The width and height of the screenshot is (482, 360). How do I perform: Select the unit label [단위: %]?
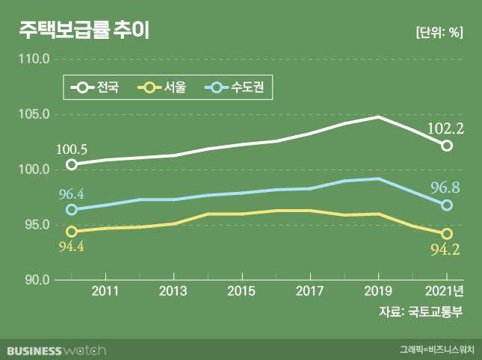(438, 33)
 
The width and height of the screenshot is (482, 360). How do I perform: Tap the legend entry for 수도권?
(238, 87)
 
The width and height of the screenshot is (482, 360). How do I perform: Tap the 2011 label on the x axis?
(105, 291)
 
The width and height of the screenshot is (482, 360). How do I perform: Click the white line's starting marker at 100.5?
(72, 164)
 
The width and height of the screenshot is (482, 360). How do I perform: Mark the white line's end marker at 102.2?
(447, 146)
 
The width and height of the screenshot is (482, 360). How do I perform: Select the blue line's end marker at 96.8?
(447, 205)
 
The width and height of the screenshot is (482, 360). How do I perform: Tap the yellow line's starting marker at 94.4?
(72, 232)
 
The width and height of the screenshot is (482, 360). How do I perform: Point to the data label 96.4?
(71, 194)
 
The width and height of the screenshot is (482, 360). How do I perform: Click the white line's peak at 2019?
(378, 117)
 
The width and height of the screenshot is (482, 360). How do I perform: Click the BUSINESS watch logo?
(57, 350)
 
